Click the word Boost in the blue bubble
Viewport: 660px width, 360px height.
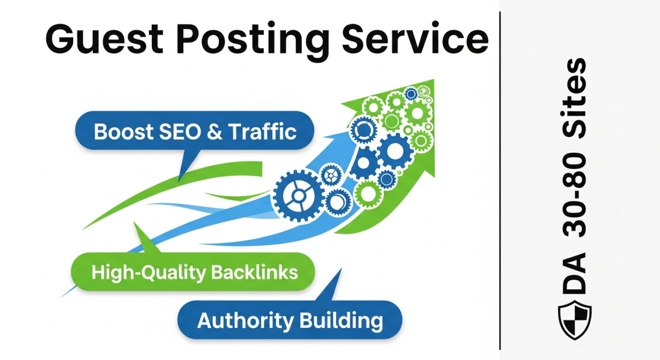tap(123, 132)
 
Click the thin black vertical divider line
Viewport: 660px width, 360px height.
tap(500, 181)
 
